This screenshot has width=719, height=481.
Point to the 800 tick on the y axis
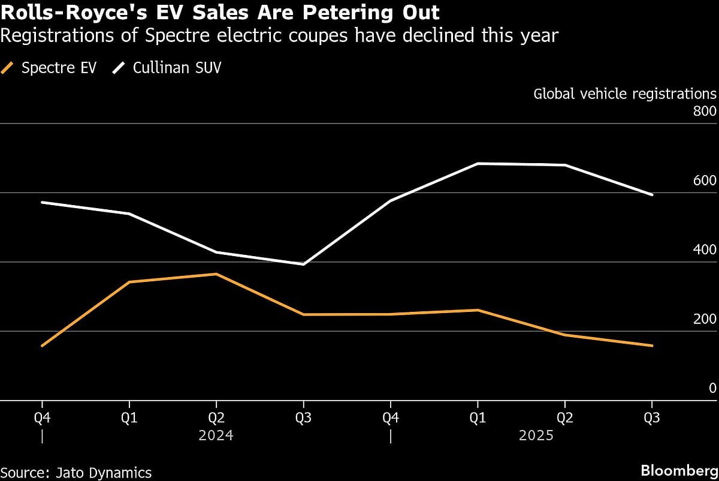coord(705,112)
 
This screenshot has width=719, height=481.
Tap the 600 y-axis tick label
coord(705,181)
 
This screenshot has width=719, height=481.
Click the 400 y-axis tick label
coord(705,250)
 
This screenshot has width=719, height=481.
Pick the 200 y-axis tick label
coord(705,319)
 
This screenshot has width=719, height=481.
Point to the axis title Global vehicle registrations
coord(625,94)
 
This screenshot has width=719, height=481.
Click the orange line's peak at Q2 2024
coord(216,274)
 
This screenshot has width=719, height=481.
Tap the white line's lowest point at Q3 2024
coord(303,264)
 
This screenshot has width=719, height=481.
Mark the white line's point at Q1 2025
coord(478,163)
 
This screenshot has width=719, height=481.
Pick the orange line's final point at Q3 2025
coord(652,345)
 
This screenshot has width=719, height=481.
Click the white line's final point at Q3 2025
coord(652,194)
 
